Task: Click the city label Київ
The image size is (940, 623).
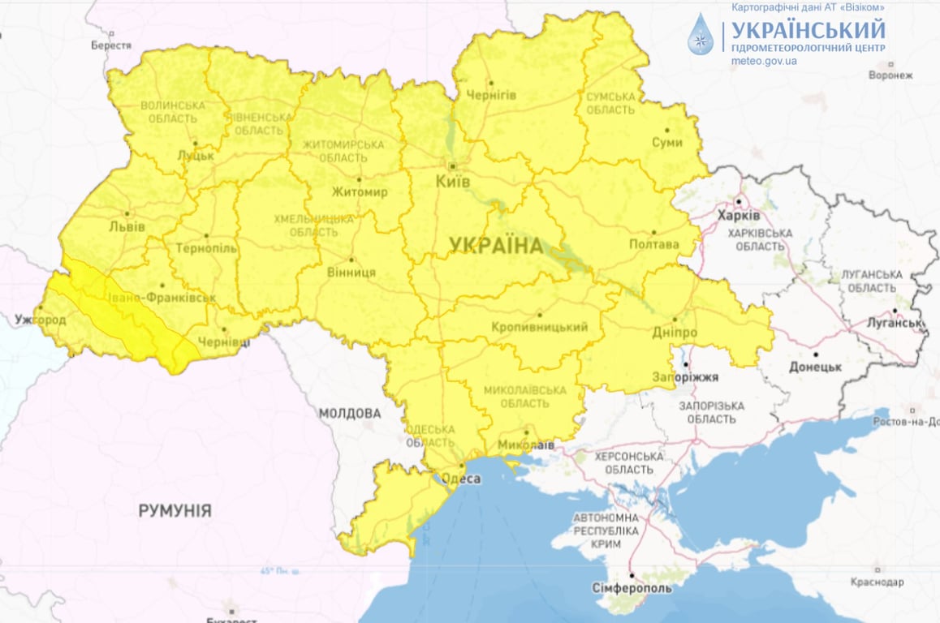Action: click(x=452, y=182)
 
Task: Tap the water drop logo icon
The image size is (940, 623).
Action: click(x=700, y=35)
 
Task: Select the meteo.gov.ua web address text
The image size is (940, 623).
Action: click(x=764, y=61)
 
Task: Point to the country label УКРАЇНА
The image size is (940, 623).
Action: click(x=495, y=246)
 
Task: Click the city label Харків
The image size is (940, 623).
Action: click(x=739, y=216)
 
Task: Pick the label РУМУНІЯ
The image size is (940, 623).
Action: click(x=175, y=511)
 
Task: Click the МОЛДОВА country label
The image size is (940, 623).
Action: click(x=349, y=413)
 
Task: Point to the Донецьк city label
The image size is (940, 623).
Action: click(x=815, y=367)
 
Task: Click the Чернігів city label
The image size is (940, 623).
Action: click(x=491, y=95)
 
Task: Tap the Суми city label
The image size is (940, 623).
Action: click(x=667, y=142)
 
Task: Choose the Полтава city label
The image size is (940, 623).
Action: click(x=653, y=243)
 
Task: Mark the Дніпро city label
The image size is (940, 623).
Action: click(x=675, y=333)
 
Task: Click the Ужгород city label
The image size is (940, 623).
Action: click(x=40, y=320)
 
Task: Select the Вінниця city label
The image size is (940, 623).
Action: click(x=351, y=272)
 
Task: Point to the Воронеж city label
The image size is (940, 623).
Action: click(x=890, y=75)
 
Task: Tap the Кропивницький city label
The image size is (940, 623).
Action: click(x=540, y=327)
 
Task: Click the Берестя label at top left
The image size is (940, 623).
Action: click(x=111, y=45)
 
